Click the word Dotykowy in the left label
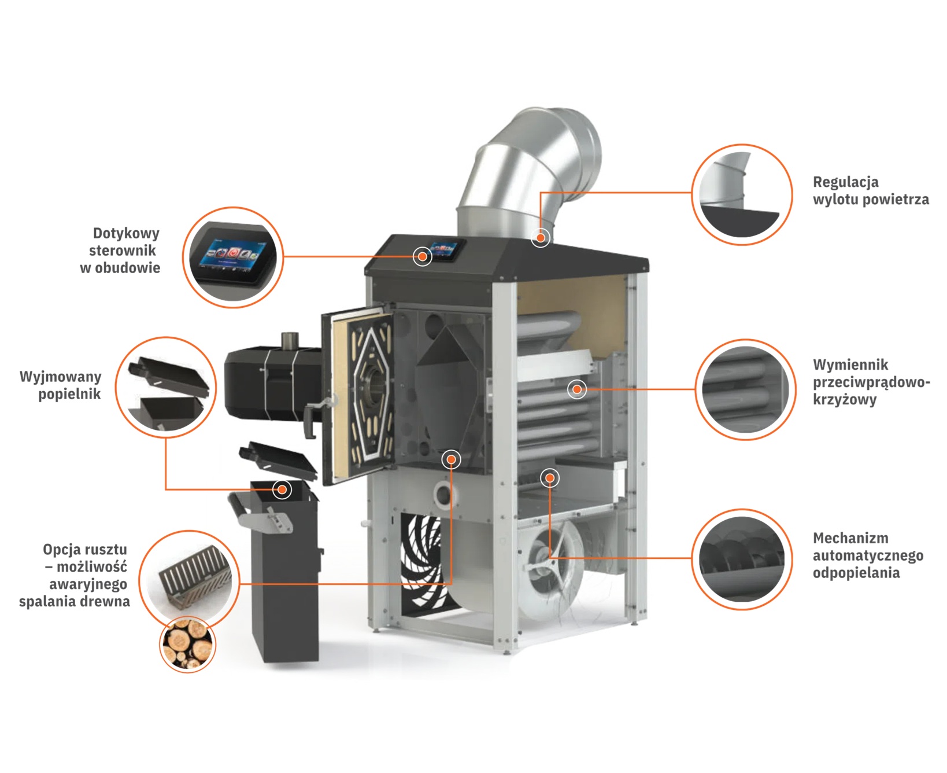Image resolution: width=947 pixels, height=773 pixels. pyautogui.click(x=126, y=234)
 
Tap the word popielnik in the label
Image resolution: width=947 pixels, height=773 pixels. pyautogui.click(x=69, y=395)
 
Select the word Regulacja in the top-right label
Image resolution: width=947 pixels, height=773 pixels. pyautogui.click(x=845, y=182)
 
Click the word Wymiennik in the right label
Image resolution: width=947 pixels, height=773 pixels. pyautogui.click(x=850, y=365)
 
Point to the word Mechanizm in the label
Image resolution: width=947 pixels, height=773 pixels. pyautogui.click(x=850, y=538)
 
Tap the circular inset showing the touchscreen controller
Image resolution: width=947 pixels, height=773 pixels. pyautogui.click(x=233, y=257)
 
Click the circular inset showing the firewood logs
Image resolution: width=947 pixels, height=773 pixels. pyautogui.click(x=187, y=644)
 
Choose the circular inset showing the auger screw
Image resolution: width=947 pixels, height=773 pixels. pyautogui.click(x=742, y=559)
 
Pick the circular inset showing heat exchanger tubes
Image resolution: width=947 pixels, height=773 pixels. pyautogui.click(x=745, y=389)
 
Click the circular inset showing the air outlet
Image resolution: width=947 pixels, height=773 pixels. pyautogui.click(x=742, y=194)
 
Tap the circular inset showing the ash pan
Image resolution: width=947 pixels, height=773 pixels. pyautogui.click(x=166, y=387)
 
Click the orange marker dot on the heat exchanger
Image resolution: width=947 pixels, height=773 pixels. pyautogui.click(x=576, y=389)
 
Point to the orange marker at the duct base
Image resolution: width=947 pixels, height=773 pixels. pyautogui.click(x=541, y=237)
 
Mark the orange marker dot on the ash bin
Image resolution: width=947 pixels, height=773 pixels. pyautogui.click(x=282, y=489)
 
